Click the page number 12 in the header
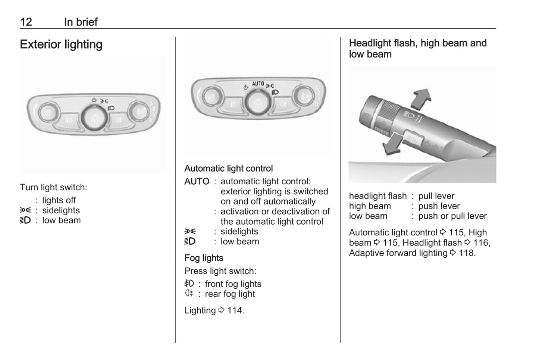(26, 22)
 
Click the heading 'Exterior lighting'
(61, 44)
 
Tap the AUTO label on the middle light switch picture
(258, 84)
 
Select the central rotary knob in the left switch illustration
(94, 118)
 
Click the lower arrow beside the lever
(392, 144)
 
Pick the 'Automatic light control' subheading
(229, 169)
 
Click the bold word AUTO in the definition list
(197, 181)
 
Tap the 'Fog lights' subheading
(204, 258)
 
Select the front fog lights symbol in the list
(189, 284)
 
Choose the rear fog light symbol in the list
(189, 293)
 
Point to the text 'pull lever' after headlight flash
(436, 196)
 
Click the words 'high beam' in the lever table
(370, 206)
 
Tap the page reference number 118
(466, 253)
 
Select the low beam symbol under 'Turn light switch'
(25, 220)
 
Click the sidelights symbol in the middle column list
(190, 232)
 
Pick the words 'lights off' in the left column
(59, 200)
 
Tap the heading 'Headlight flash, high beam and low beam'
(418, 48)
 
